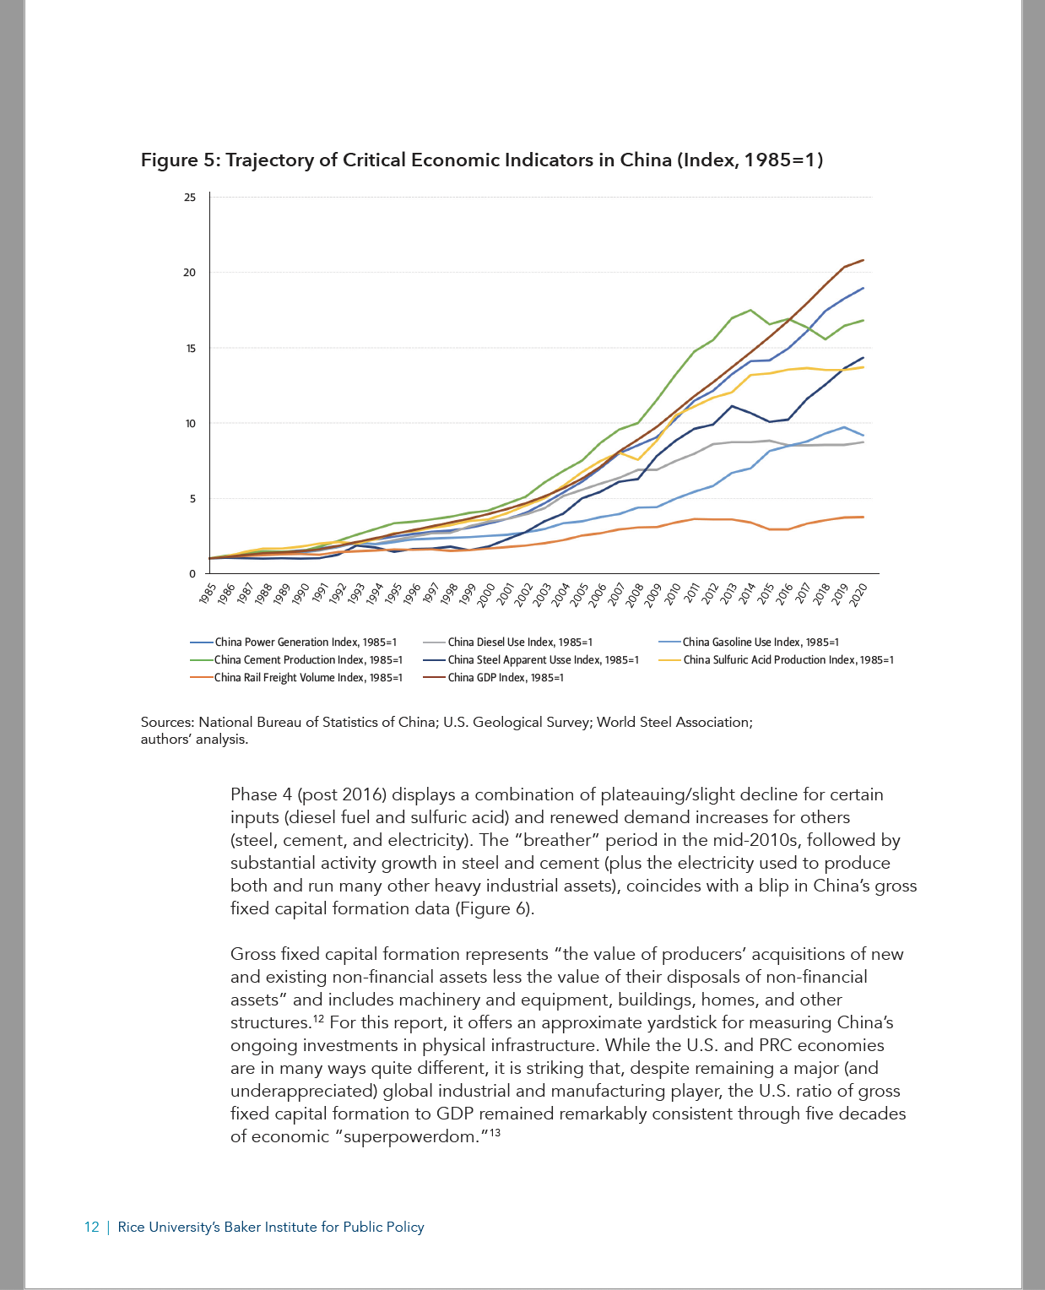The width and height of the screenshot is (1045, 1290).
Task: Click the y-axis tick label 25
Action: point(190,198)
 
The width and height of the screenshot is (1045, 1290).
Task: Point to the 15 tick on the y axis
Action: point(190,348)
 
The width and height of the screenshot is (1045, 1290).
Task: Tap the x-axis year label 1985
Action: point(207,594)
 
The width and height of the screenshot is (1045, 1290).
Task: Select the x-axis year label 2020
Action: point(858,594)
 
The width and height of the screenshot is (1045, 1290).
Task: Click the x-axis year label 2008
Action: point(635,594)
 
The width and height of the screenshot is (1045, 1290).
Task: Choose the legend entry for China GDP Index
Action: point(494,678)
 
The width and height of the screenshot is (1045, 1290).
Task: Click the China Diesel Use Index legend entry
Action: point(508,642)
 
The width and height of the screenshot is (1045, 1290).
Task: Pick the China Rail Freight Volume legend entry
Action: point(296,678)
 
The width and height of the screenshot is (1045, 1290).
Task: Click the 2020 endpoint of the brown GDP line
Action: point(863,260)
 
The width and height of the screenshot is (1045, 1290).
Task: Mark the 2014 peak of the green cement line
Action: point(750,310)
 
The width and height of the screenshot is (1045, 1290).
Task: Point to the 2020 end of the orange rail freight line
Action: point(863,517)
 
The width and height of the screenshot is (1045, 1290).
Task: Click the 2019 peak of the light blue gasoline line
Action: point(845,427)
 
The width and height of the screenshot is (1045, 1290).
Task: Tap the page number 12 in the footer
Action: point(91,1227)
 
